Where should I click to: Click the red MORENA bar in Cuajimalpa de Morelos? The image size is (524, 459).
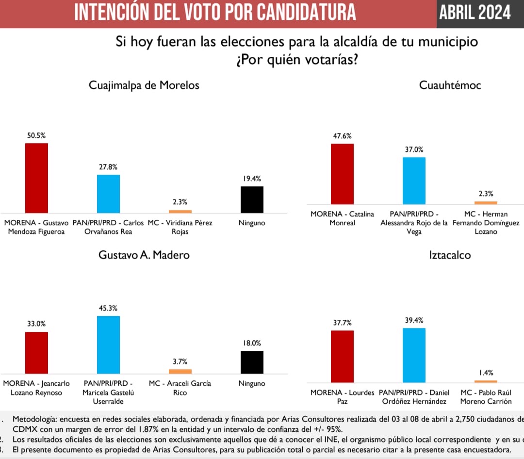(36, 178)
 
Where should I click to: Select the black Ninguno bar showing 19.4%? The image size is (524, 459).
(252, 199)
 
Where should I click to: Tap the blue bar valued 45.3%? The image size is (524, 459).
(108, 344)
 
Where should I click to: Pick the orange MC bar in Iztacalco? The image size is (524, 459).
(486, 382)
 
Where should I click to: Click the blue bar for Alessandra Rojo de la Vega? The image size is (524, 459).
(414, 180)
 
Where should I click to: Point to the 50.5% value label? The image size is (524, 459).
(36, 135)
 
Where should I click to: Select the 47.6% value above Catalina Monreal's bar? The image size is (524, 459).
(342, 136)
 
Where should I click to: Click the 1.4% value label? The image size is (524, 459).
(486, 373)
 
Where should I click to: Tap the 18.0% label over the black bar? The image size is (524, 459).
(252, 343)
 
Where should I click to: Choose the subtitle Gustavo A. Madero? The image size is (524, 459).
(144, 255)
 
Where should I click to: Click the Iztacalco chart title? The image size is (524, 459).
(450, 255)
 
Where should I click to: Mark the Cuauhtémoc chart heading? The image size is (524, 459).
(450, 85)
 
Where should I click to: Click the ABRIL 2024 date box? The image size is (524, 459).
(475, 13)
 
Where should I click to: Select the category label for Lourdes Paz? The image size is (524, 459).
(343, 397)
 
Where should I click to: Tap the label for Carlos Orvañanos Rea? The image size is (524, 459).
(108, 227)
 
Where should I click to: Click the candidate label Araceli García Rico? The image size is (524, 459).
(180, 388)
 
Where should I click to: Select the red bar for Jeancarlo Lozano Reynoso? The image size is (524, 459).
(36, 353)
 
